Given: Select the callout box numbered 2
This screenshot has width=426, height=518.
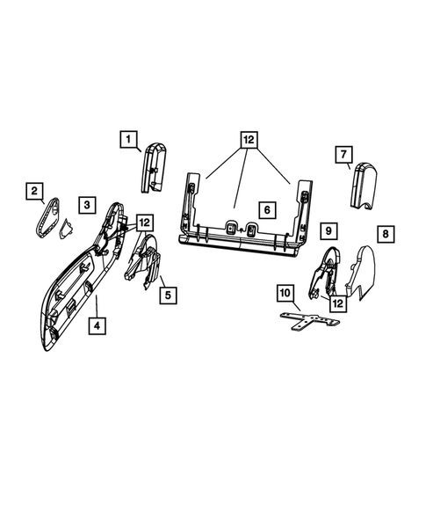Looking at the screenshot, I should (34, 190).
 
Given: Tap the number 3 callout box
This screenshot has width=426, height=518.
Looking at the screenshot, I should (86, 204).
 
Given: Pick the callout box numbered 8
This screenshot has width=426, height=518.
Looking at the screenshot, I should (385, 234).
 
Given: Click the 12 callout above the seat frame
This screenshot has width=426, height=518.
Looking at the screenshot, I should (248, 139).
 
